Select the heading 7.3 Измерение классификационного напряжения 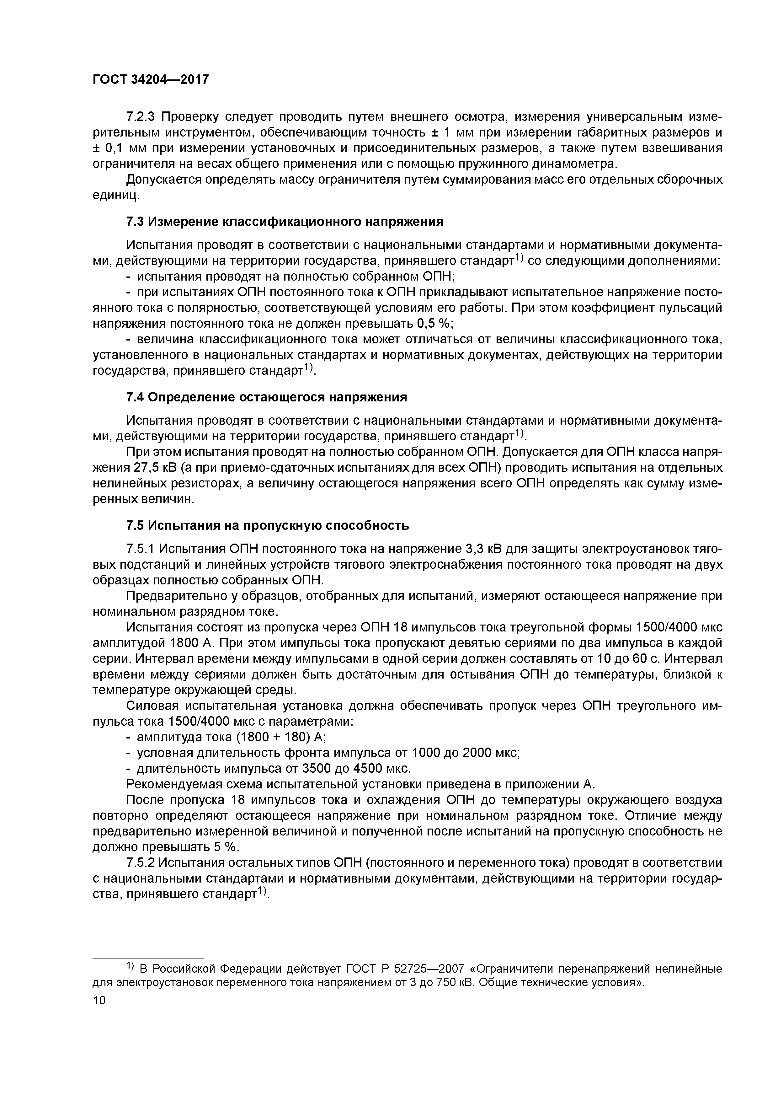[285, 222]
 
